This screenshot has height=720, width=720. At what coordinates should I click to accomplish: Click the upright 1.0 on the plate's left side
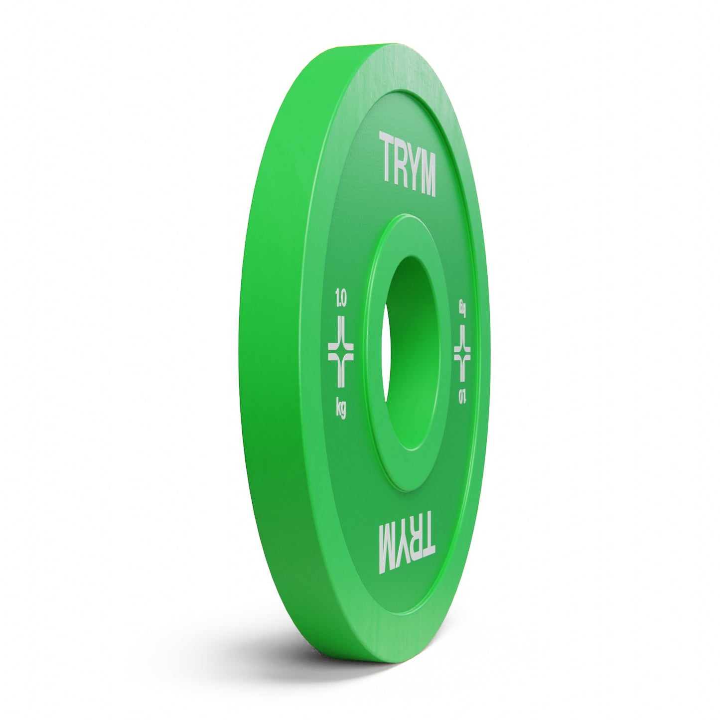(x=341, y=301)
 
